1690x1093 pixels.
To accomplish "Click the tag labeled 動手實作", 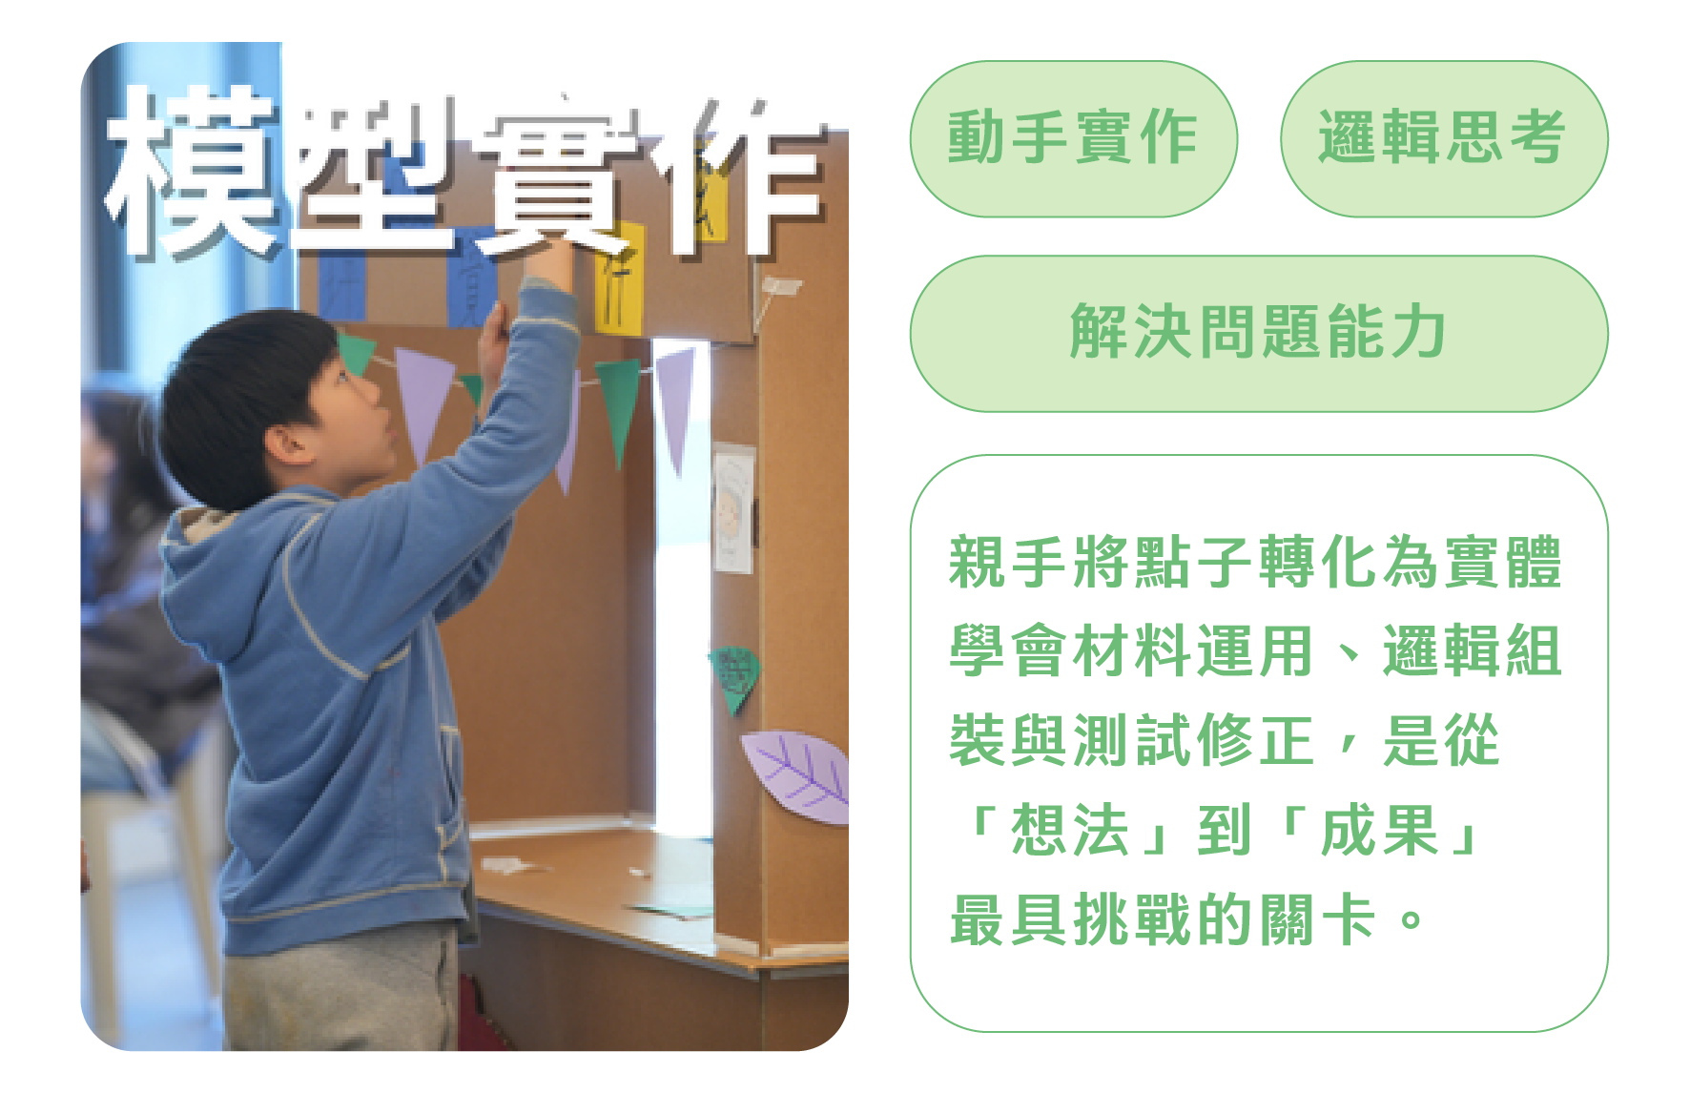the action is tap(1074, 139).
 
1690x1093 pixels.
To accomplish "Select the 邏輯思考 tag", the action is tap(1444, 139).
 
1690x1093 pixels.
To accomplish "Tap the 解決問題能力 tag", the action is tap(1259, 334).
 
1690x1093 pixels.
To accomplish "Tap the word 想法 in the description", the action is tap(1070, 830).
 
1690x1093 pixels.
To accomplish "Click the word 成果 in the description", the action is tap(1379, 830).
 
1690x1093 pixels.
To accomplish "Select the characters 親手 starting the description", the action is tap(1009, 563).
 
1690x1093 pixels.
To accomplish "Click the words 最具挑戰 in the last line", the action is tap(1071, 919).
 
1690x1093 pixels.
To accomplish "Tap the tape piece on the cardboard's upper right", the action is tap(780, 286).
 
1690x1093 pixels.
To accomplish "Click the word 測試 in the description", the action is tap(1133, 740).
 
